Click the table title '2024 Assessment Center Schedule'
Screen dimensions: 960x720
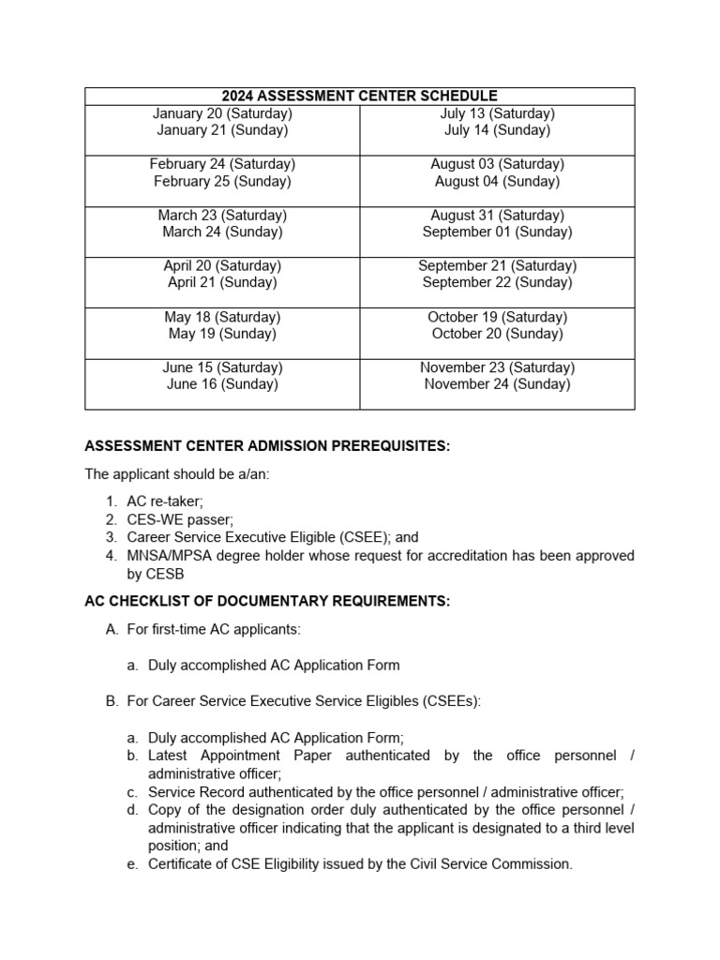point(359,96)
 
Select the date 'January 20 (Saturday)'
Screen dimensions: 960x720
point(222,113)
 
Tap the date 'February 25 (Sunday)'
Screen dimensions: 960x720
point(222,181)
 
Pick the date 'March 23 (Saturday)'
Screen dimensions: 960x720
point(222,215)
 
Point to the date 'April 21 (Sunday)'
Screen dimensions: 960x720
point(222,282)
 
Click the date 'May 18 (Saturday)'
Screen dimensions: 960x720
point(222,317)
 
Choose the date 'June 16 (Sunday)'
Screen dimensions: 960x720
point(222,383)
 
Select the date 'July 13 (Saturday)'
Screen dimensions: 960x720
point(497,113)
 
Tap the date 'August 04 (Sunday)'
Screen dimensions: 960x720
point(497,181)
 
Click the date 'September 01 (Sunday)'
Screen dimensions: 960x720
point(497,232)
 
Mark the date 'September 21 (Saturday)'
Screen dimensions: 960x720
point(497,265)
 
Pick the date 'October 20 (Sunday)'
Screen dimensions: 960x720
point(497,334)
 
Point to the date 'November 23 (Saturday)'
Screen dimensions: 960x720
point(497,367)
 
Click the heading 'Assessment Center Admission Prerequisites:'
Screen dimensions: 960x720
point(267,445)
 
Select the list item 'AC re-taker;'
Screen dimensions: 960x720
point(164,502)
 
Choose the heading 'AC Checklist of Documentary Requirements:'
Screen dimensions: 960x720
point(267,601)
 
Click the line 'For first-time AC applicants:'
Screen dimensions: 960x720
point(214,629)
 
